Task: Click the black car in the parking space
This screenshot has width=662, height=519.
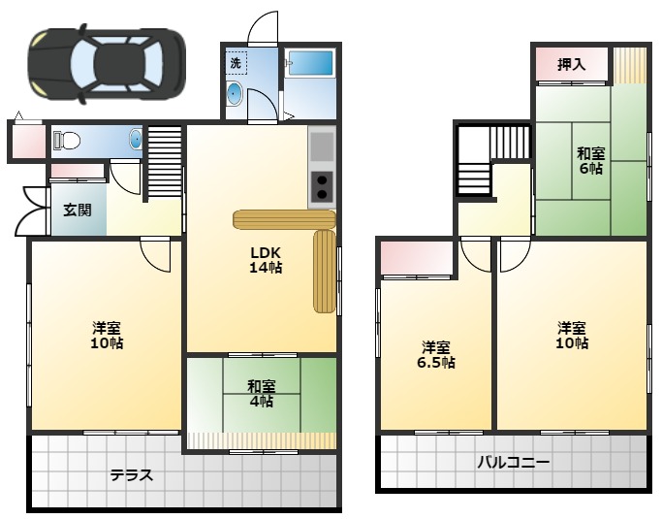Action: pos(107,63)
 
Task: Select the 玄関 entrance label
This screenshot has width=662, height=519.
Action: pos(79,210)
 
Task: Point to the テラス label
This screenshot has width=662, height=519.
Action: pos(131,475)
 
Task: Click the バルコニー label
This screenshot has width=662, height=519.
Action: pos(513,463)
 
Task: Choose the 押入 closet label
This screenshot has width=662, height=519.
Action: pos(572,65)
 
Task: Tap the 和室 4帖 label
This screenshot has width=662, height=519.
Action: pos(260,394)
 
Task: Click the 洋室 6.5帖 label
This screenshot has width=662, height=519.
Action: pos(436,355)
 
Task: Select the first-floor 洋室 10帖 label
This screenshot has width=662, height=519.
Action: pos(107,335)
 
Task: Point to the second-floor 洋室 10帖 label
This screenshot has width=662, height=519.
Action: pos(572,335)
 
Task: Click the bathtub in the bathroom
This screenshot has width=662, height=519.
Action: pos(310,63)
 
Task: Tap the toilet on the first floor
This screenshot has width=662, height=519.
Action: pos(68,141)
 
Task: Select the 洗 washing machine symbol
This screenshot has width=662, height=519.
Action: pos(236,63)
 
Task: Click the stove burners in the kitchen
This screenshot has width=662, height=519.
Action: pos(321,183)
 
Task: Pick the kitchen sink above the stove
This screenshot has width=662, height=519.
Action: pos(321,146)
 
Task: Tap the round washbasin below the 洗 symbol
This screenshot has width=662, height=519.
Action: pos(236,95)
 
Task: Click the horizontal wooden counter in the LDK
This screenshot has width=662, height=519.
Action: pos(284,219)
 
